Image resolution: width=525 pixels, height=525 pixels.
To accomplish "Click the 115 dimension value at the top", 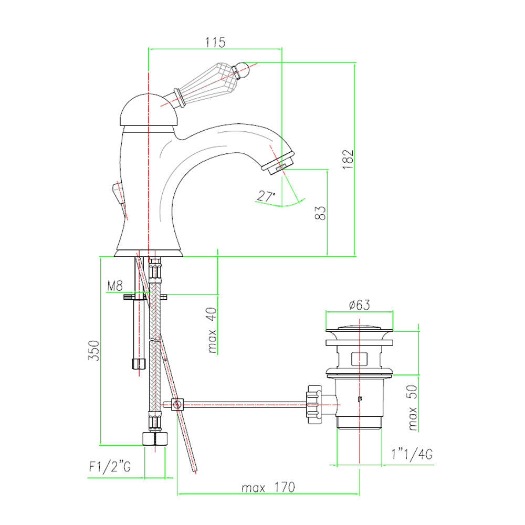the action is click(x=215, y=43).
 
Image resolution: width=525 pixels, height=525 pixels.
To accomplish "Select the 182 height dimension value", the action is click(x=348, y=159).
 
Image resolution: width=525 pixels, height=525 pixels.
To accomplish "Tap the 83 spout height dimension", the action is click(x=320, y=213).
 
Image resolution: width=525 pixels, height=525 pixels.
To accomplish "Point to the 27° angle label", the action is click(x=266, y=196).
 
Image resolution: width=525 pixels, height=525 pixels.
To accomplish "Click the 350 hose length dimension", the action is click(x=94, y=351).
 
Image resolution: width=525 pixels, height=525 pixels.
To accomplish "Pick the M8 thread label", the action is click(x=115, y=286).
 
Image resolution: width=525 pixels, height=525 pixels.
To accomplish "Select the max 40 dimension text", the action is click(x=212, y=330).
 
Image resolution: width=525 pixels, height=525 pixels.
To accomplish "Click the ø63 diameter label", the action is click(x=359, y=305).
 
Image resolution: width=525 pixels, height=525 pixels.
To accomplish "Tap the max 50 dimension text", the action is click(x=413, y=407).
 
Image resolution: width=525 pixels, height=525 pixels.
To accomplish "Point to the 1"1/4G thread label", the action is click(x=412, y=454).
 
